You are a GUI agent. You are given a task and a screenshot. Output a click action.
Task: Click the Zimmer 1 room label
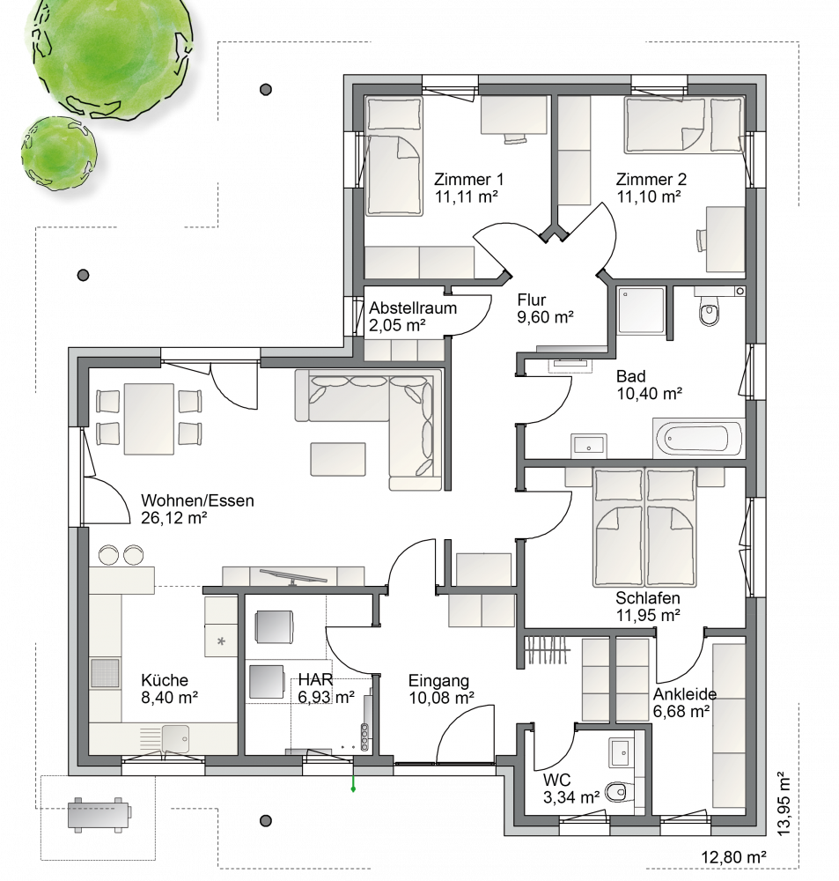[x=468, y=180]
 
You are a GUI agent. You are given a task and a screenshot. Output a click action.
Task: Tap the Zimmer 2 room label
[x=651, y=180]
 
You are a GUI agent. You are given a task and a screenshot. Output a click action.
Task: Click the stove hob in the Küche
[x=105, y=673]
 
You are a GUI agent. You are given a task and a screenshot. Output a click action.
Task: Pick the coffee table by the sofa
[x=338, y=459]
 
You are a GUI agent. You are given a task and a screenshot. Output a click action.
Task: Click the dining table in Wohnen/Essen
[x=149, y=418]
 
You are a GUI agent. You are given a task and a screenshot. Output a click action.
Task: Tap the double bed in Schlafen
[x=645, y=527]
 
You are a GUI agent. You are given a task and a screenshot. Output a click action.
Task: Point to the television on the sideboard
[x=292, y=576]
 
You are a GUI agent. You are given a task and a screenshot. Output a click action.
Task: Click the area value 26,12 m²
[x=174, y=518]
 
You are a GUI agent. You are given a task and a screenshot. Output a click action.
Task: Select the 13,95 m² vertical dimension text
[x=783, y=804]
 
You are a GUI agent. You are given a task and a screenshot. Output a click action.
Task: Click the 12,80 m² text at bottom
[x=733, y=857]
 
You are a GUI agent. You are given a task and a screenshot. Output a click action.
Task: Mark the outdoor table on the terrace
[x=99, y=813]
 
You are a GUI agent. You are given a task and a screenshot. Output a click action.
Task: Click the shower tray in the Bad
[x=641, y=311]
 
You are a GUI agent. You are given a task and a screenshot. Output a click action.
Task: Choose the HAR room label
[x=315, y=679]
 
